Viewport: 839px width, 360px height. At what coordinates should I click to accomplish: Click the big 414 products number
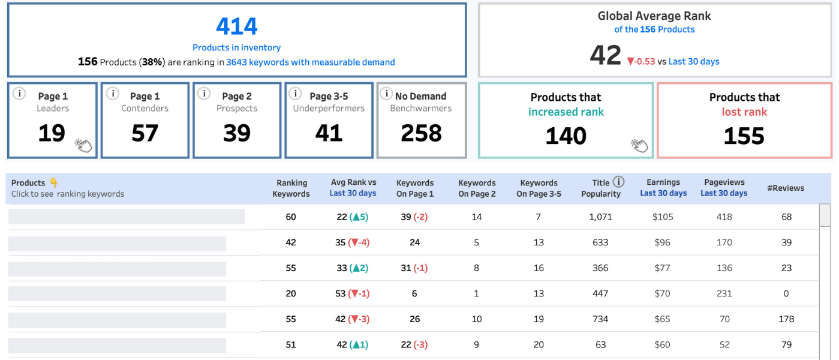pos(236,26)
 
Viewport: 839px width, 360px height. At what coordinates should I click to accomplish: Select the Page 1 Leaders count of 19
pos(52,133)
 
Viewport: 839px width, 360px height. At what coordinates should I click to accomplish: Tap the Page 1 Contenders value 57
pos(145,133)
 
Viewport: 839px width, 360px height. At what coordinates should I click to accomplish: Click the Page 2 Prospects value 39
pos(236,133)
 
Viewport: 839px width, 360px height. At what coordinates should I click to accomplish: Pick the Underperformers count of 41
pos(329,133)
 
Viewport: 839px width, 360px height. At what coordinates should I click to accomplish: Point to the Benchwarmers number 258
pos(421,133)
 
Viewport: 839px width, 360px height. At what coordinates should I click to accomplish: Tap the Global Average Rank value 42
pos(605,56)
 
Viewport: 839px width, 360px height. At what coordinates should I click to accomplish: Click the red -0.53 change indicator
pos(640,61)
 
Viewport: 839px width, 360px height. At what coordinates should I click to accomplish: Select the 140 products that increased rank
pos(566,136)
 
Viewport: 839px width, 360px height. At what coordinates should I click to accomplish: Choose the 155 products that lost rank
pos(744,136)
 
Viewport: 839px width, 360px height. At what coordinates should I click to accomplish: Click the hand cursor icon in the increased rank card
pos(639,145)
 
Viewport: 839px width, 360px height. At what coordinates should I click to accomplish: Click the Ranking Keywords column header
pos(291,188)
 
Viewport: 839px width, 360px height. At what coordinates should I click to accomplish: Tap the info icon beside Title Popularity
pos(619,182)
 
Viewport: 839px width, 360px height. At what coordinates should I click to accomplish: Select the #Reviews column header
pos(786,188)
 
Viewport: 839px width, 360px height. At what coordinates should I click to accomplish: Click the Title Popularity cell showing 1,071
pos(600,217)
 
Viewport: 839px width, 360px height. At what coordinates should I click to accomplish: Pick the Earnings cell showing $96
pos(662,242)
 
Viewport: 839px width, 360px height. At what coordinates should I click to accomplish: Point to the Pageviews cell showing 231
pos(724,293)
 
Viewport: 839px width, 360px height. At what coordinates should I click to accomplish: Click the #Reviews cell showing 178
pos(786,319)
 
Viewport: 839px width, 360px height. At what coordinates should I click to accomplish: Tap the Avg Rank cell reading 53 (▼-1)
pos(353,293)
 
